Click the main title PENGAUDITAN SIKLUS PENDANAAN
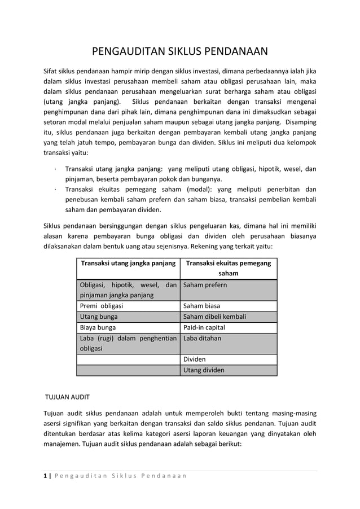coord(179,54)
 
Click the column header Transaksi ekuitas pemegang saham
coord(228,268)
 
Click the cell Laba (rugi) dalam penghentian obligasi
coord(128,343)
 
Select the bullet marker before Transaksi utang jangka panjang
coord(51,169)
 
